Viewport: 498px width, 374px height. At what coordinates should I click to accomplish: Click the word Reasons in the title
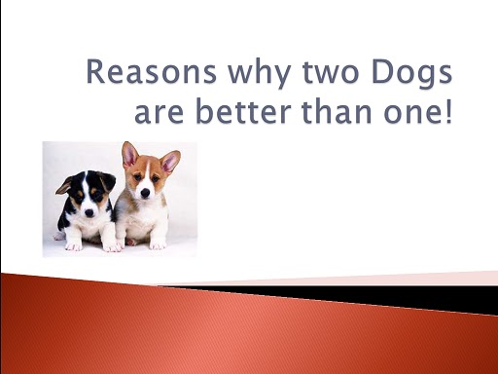(x=151, y=71)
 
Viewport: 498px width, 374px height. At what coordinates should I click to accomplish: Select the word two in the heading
(x=331, y=73)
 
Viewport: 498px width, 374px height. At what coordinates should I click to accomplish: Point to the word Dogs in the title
(x=411, y=74)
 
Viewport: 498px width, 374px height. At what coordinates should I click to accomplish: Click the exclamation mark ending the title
(x=448, y=111)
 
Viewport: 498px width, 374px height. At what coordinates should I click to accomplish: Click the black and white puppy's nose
(x=89, y=213)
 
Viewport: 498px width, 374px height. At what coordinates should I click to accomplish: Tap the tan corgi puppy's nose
(x=145, y=193)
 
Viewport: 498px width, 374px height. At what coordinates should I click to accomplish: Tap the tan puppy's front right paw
(x=158, y=244)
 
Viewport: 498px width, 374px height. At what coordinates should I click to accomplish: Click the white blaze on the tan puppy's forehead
(x=147, y=169)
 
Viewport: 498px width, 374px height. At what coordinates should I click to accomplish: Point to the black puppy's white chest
(x=88, y=227)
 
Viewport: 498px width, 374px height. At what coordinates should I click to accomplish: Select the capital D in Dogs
(x=382, y=71)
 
